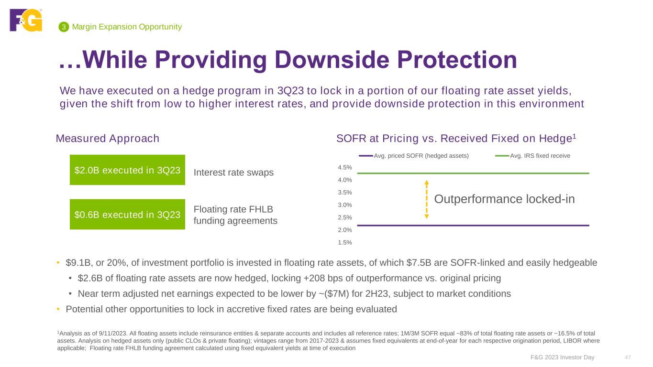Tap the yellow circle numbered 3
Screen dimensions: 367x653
coord(63,27)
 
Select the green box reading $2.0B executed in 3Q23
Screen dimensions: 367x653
coord(127,170)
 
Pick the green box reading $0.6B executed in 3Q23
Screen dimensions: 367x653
coord(127,214)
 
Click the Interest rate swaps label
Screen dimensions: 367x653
coord(233,173)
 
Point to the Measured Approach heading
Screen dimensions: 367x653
coord(108,139)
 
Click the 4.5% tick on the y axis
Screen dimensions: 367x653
coord(344,168)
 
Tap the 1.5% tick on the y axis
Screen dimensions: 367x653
coord(344,242)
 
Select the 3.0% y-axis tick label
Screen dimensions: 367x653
coord(344,205)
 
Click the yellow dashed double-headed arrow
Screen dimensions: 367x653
coord(426,199)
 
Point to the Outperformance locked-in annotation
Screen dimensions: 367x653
coord(504,199)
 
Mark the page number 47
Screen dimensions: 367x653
coord(628,357)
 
